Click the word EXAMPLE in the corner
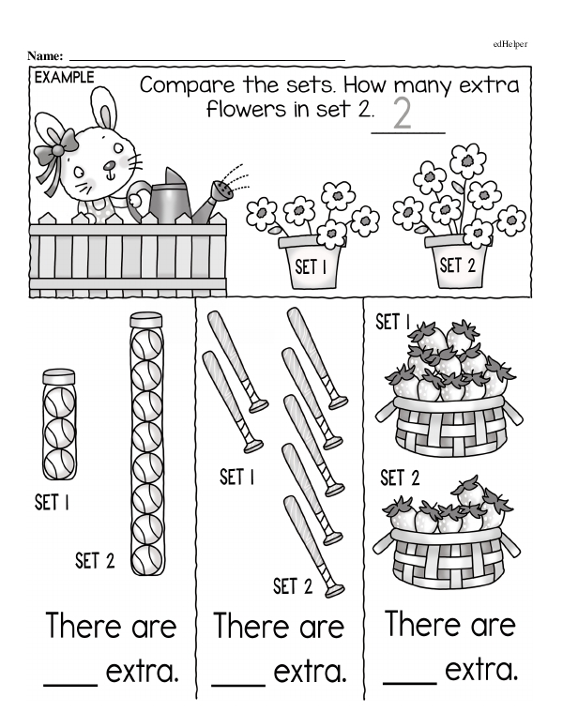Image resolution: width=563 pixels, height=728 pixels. (x=64, y=78)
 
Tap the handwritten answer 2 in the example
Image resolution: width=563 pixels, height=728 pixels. (x=403, y=113)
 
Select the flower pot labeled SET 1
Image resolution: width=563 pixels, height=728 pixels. (x=311, y=263)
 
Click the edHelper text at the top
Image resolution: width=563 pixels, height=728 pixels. (x=510, y=43)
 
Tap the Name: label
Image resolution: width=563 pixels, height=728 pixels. (x=46, y=57)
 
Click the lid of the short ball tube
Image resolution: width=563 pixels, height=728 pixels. (x=59, y=375)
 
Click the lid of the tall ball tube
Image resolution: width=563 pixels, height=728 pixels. (x=145, y=321)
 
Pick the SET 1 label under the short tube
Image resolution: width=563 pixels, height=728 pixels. (x=52, y=503)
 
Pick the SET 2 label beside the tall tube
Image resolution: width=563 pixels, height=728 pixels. (x=95, y=561)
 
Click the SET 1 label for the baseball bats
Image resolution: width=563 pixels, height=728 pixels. (x=236, y=477)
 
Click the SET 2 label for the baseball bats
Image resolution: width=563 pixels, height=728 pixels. (x=292, y=587)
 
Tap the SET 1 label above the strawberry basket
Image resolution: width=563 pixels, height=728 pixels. (x=393, y=323)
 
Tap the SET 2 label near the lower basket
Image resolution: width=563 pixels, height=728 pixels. (x=400, y=478)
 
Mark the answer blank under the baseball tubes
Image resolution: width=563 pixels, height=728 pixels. (x=70, y=683)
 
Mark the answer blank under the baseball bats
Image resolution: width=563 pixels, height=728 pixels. (x=239, y=683)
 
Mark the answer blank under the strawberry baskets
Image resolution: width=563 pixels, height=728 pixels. (x=410, y=681)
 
